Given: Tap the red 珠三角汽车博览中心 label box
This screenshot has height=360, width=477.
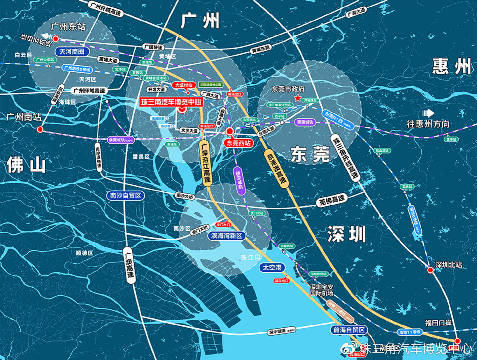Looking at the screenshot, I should [x=171, y=102].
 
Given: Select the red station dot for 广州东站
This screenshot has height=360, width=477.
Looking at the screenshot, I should [x=56, y=39].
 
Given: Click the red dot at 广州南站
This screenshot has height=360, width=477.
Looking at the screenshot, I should [x=40, y=129].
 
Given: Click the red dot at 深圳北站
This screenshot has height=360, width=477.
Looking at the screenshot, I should [x=430, y=270].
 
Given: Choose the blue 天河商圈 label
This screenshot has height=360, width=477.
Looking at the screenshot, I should [x=72, y=51].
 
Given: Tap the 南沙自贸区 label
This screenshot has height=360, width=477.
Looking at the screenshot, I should [x=125, y=195].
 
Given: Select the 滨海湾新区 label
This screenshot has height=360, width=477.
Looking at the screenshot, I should [x=227, y=236].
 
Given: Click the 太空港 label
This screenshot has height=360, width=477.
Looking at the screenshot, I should [x=272, y=267].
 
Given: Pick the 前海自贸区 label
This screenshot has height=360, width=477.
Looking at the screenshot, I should [x=349, y=330].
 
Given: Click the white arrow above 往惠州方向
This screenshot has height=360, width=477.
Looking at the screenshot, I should [x=428, y=113].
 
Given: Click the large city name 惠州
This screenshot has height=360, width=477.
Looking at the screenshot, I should [x=452, y=66].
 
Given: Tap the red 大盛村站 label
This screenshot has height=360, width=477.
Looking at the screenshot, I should [x=184, y=85].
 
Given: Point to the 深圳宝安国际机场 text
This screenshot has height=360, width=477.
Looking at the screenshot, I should [x=321, y=290].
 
